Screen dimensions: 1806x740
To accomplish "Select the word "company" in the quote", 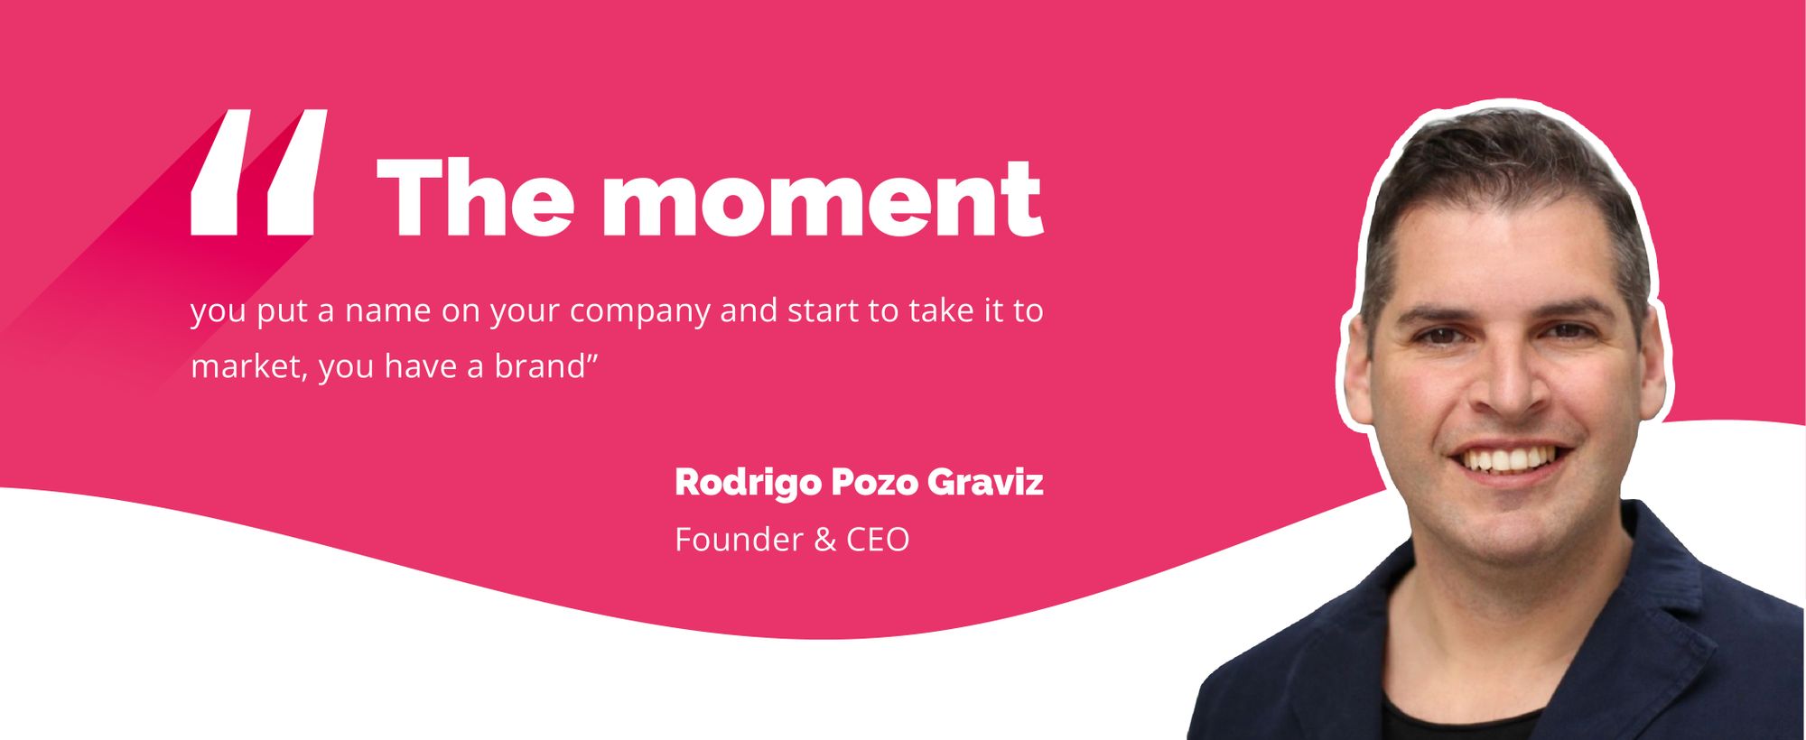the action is (x=640, y=312).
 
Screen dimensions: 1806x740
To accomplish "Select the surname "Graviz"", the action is (x=985, y=482).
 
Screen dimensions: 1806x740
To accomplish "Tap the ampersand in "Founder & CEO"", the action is (x=824, y=540).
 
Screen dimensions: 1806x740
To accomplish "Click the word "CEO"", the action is (x=878, y=540).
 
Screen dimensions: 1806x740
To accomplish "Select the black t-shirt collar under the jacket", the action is (x=1463, y=717).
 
